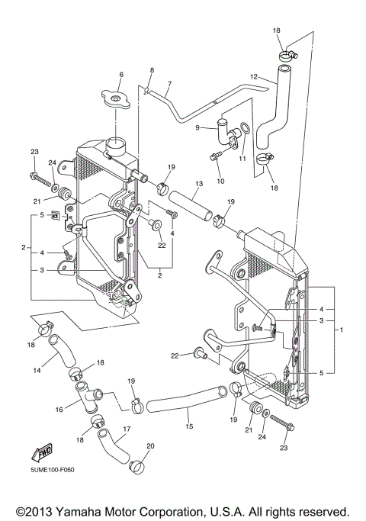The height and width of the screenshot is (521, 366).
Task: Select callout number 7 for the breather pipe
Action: click(x=169, y=84)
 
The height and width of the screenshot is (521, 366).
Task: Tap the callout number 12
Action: click(x=254, y=77)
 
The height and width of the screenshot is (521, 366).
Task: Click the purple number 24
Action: click(x=53, y=162)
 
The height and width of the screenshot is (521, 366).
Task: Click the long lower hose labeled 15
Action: click(x=183, y=400)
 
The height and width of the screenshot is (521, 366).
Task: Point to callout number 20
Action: click(x=149, y=446)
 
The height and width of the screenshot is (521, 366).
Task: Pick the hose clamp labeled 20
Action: click(x=137, y=463)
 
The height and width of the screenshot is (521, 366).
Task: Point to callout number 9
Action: click(x=198, y=128)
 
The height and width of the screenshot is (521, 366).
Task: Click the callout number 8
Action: click(x=151, y=70)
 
